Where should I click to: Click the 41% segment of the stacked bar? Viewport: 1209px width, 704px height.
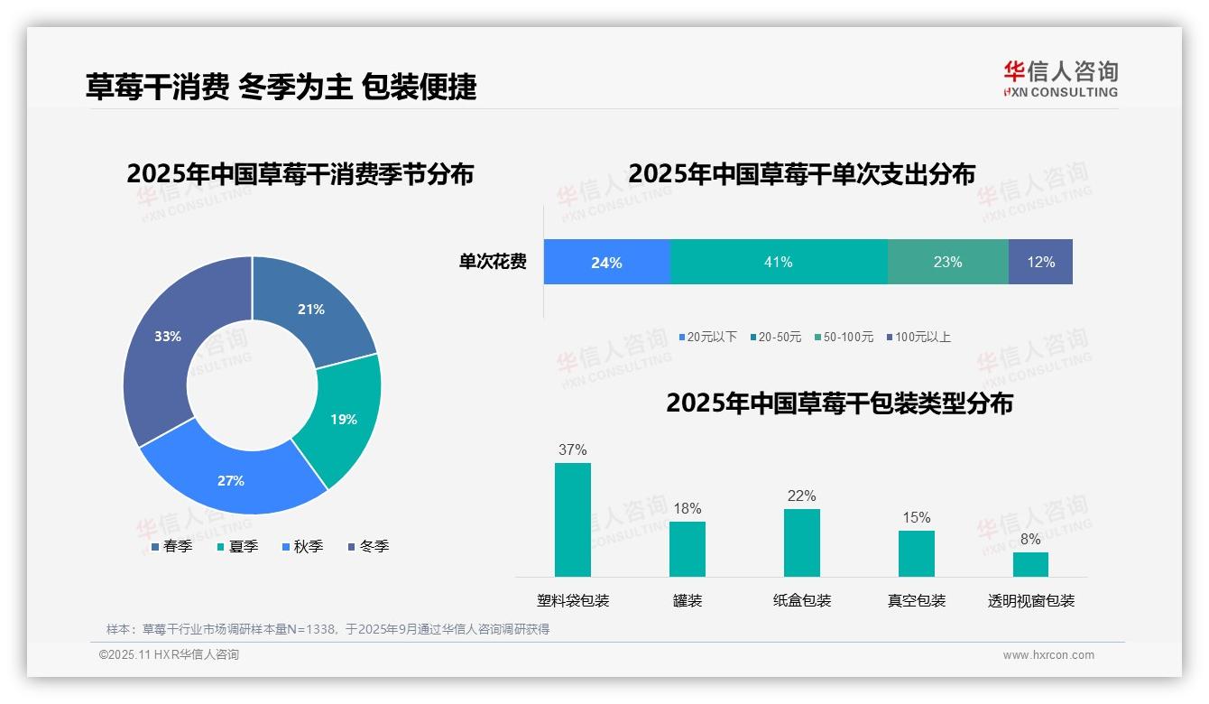coord(779,262)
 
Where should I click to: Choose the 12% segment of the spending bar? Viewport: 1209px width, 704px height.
coord(1040,262)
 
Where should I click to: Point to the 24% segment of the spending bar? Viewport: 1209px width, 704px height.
coord(606,262)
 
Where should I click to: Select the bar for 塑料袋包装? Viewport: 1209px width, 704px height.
coord(572,520)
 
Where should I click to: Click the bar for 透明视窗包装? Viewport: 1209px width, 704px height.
coord(1030,564)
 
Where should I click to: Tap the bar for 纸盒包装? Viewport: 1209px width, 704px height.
coord(801,542)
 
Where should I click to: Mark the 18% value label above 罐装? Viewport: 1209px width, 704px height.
coord(687,508)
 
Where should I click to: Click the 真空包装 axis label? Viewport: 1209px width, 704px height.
coord(916,600)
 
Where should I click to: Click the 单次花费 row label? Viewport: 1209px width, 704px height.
coord(493,262)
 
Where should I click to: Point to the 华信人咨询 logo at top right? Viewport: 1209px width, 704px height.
coord(1060,79)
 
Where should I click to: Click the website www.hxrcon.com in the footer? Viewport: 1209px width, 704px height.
coord(1047,654)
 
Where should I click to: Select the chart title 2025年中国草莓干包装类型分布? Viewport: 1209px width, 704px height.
coord(839,403)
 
